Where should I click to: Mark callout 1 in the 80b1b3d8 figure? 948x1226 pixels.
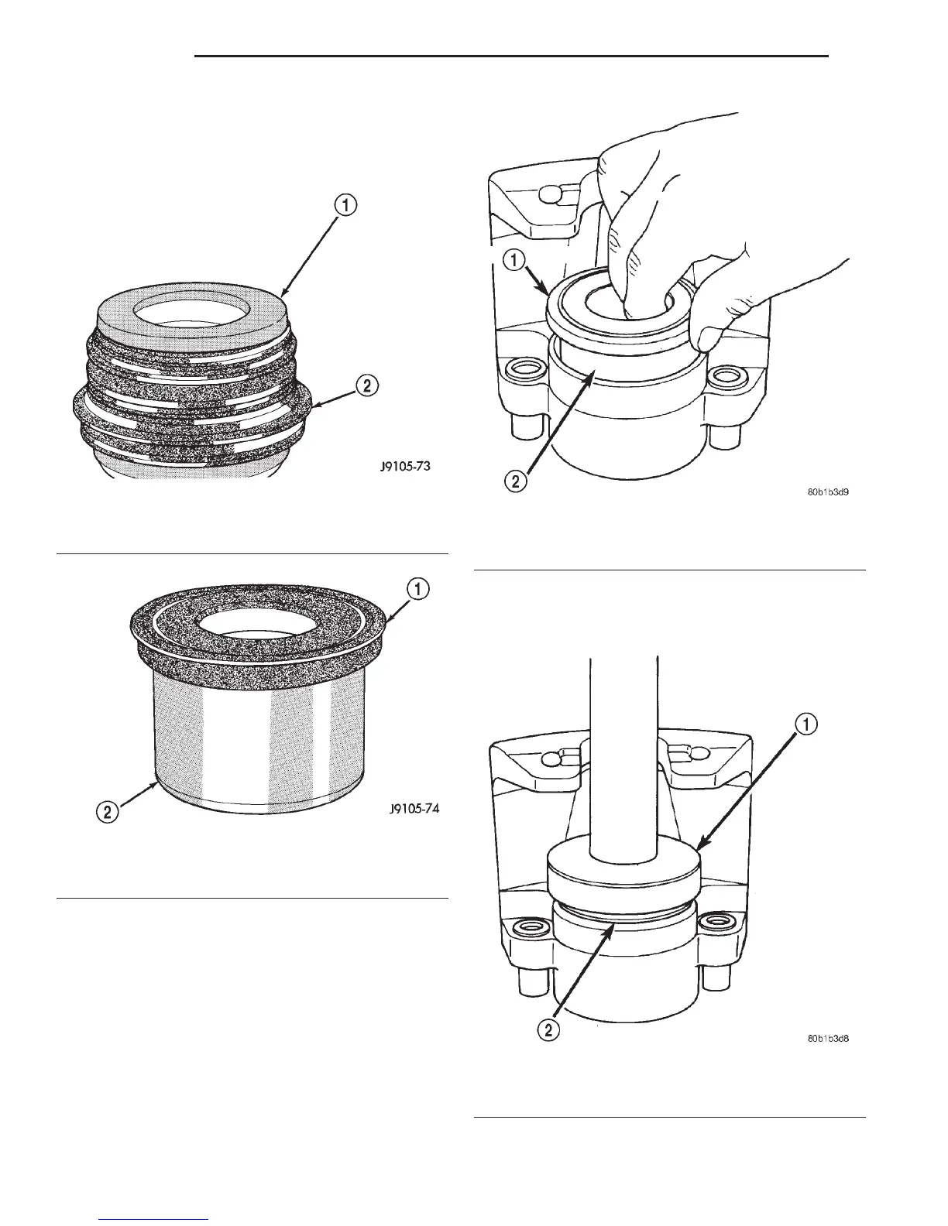[805, 726]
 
